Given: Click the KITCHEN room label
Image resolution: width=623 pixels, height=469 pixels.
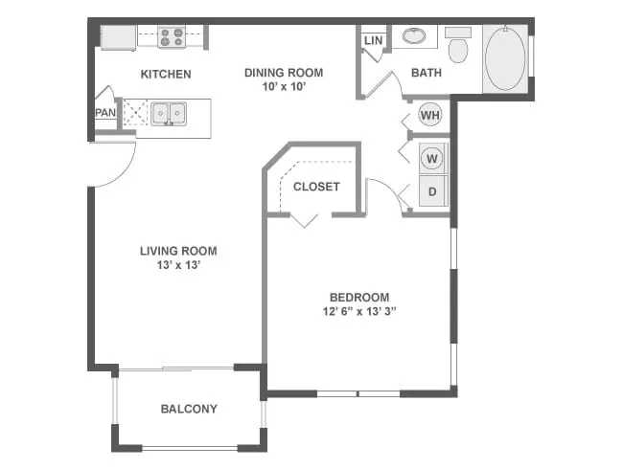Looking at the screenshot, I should pyautogui.click(x=166, y=75).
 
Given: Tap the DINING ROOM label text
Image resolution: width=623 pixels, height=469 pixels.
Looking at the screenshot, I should pyautogui.click(x=283, y=72).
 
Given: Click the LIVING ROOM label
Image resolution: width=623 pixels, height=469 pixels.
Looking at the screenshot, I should pyautogui.click(x=178, y=251).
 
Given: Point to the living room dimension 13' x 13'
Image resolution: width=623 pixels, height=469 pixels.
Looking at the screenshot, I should pyautogui.click(x=178, y=266).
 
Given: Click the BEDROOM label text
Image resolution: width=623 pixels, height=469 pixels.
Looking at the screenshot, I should pyautogui.click(x=359, y=296).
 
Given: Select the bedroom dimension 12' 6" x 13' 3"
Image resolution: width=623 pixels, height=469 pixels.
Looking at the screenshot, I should pyautogui.click(x=359, y=311).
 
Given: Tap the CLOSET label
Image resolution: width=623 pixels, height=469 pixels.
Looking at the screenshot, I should pyautogui.click(x=316, y=187).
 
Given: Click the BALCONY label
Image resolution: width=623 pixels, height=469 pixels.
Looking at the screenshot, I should pyautogui.click(x=188, y=409).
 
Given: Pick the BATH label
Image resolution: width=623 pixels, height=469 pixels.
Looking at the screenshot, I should pyautogui.click(x=426, y=73).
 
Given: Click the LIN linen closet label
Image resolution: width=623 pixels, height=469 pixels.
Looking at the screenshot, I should pyautogui.click(x=373, y=40).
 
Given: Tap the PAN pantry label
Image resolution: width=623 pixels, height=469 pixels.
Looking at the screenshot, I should pyautogui.click(x=104, y=112).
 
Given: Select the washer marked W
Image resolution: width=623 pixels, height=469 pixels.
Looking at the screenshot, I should pyautogui.click(x=432, y=157).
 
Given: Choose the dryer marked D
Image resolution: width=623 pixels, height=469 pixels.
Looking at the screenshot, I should pyautogui.click(x=432, y=191).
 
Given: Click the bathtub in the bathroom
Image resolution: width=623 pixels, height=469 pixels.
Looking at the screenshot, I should pyautogui.click(x=504, y=57).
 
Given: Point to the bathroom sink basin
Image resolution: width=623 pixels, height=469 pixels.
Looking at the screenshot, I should pyautogui.click(x=415, y=36).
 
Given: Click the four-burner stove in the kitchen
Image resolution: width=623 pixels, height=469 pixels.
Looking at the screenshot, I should pyautogui.click(x=172, y=36).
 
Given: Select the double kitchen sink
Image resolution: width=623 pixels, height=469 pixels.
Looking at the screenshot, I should pyautogui.click(x=169, y=114).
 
